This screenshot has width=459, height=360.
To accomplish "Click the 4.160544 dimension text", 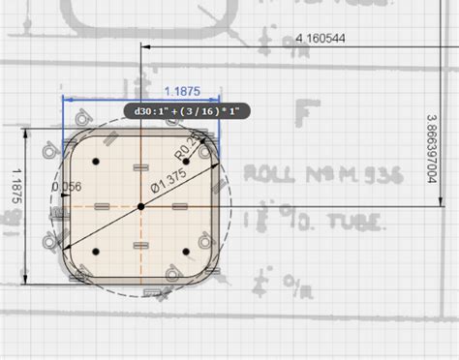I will click(321, 38).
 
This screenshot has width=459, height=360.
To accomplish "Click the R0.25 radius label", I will click(190, 148).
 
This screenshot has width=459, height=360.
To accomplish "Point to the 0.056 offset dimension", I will click(65, 187).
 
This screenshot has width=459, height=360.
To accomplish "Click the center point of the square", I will click(140, 206).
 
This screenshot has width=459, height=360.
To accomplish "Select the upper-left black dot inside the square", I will click(95, 161).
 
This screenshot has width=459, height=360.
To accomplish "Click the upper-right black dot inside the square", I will click(186, 161).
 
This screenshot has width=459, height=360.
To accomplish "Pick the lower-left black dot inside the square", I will click(95, 252).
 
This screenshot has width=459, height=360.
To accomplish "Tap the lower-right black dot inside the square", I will click(186, 252).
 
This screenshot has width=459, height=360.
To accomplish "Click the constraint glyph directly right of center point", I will click(179, 206).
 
